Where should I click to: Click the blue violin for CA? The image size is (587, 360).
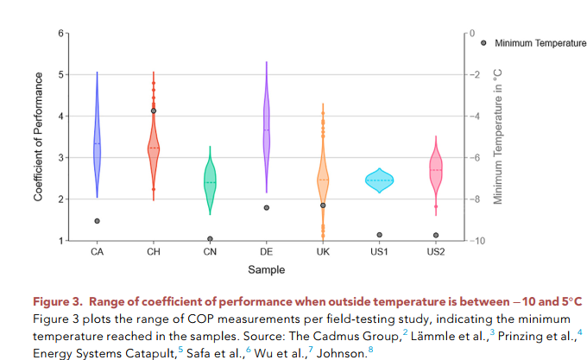[97, 147]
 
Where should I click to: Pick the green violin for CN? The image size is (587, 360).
[210, 183]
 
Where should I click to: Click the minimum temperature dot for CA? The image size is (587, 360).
[97, 221]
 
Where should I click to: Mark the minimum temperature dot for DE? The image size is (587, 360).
[266, 208]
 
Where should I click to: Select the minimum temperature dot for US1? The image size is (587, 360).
[378, 235]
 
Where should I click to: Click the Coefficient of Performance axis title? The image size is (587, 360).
[39, 136]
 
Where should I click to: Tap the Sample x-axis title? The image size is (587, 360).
[266, 270]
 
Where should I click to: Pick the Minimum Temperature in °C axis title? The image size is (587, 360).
[498, 136]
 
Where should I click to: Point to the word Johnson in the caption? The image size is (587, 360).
[341, 353]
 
